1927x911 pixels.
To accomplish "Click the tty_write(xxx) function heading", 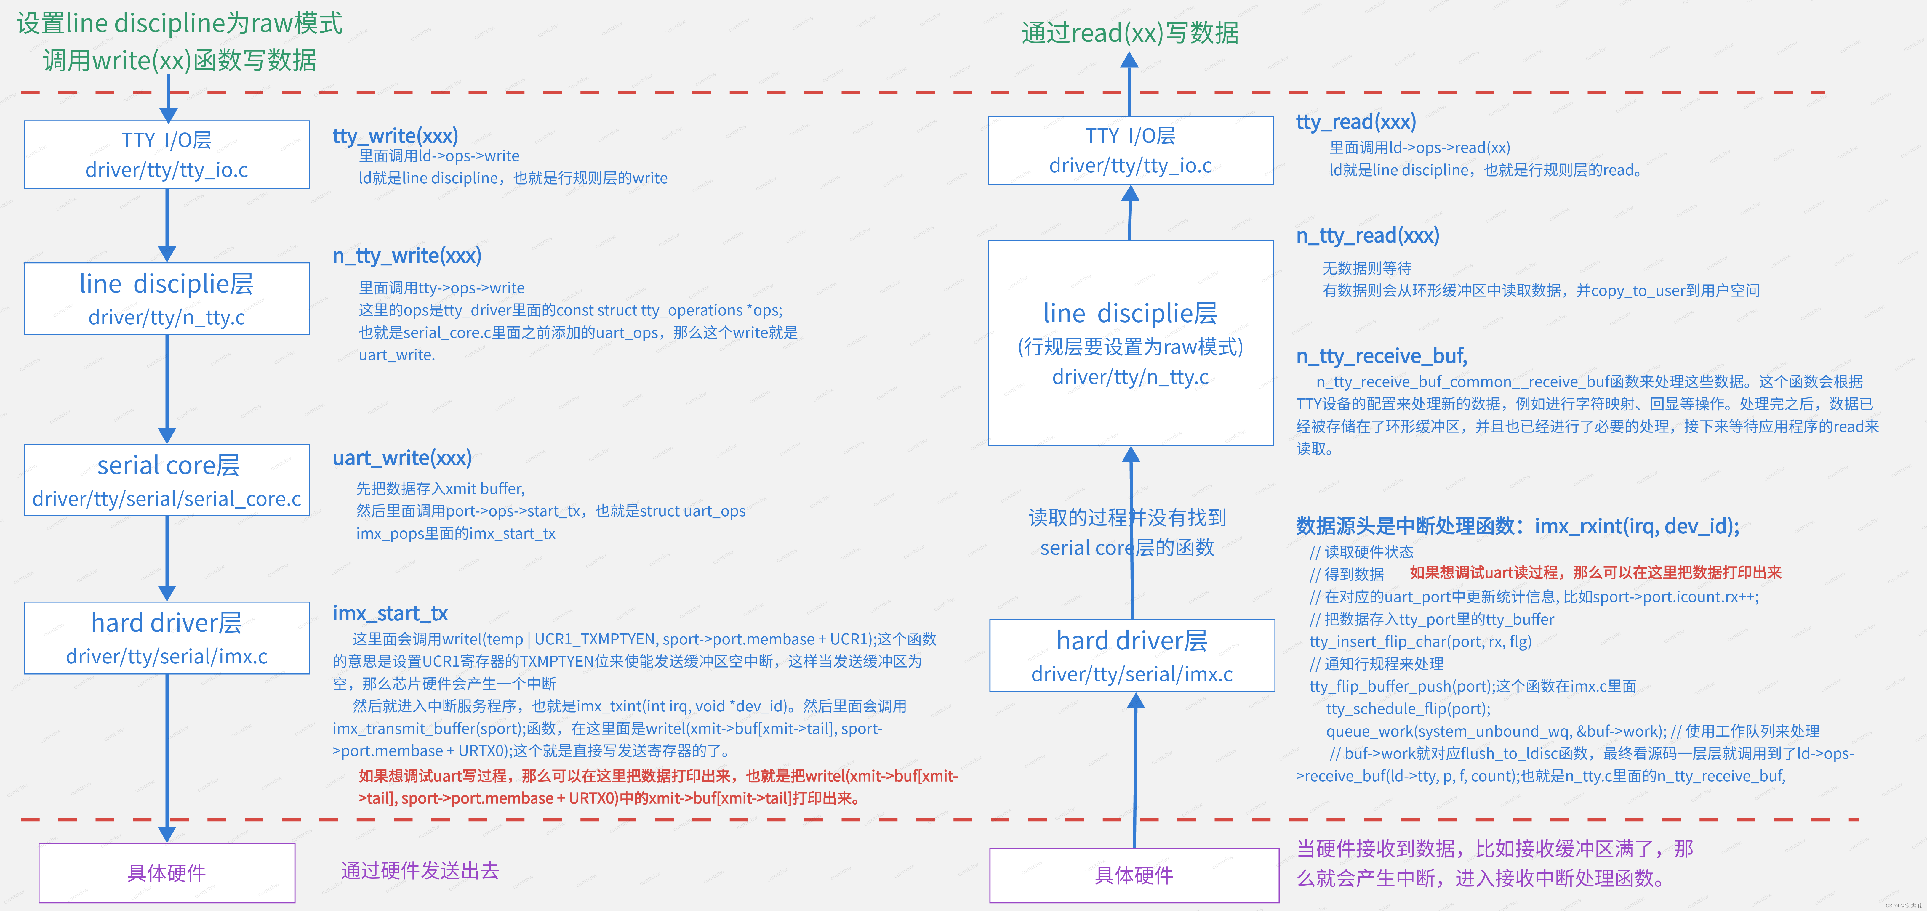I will pyautogui.click(x=395, y=136).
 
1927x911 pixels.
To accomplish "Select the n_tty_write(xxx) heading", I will pyautogui.click(x=407, y=256).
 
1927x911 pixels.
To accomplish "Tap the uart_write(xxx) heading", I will pyautogui.click(x=402, y=458).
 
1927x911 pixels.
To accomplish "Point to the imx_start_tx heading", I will pyautogui.click(x=390, y=613).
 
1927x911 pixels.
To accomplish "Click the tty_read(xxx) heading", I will pyautogui.click(x=1355, y=122).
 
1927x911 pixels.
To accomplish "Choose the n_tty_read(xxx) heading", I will pyautogui.click(x=1367, y=236).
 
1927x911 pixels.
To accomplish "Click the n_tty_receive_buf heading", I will pyautogui.click(x=1381, y=356).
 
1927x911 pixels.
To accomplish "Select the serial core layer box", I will pyautogui.click(x=167, y=480).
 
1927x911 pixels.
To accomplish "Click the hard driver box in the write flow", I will pyautogui.click(x=167, y=638).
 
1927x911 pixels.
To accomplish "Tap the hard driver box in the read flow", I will pyautogui.click(x=1132, y=655).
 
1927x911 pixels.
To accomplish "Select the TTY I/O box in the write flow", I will pyautogui.click(x=167, y=155).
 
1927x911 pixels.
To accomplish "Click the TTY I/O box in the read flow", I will pyautogui.click(x=1130, y=150).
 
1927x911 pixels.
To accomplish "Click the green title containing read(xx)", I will pyautogui.click(x=1130, y=33).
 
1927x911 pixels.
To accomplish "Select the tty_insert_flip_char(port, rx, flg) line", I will pyautogui.click(x=1420, y=642).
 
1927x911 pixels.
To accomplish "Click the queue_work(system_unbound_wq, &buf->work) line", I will pyautogui.click(x=1496, y=731).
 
